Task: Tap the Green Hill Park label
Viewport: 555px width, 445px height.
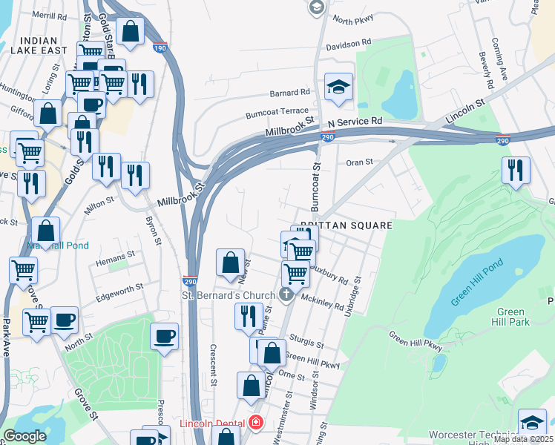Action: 512,317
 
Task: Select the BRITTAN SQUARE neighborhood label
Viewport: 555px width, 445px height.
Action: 346,223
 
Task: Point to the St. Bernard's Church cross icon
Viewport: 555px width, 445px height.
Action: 287,295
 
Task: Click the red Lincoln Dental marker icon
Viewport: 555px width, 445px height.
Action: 255,423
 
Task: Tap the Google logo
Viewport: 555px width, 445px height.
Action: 24,436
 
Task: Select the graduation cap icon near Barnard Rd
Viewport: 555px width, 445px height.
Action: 338,86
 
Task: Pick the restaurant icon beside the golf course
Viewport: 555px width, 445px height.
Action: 516,171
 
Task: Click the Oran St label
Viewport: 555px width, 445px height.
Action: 358,162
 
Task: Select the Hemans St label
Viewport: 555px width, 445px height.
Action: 116,254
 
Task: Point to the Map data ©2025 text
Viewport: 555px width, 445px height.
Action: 522,439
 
